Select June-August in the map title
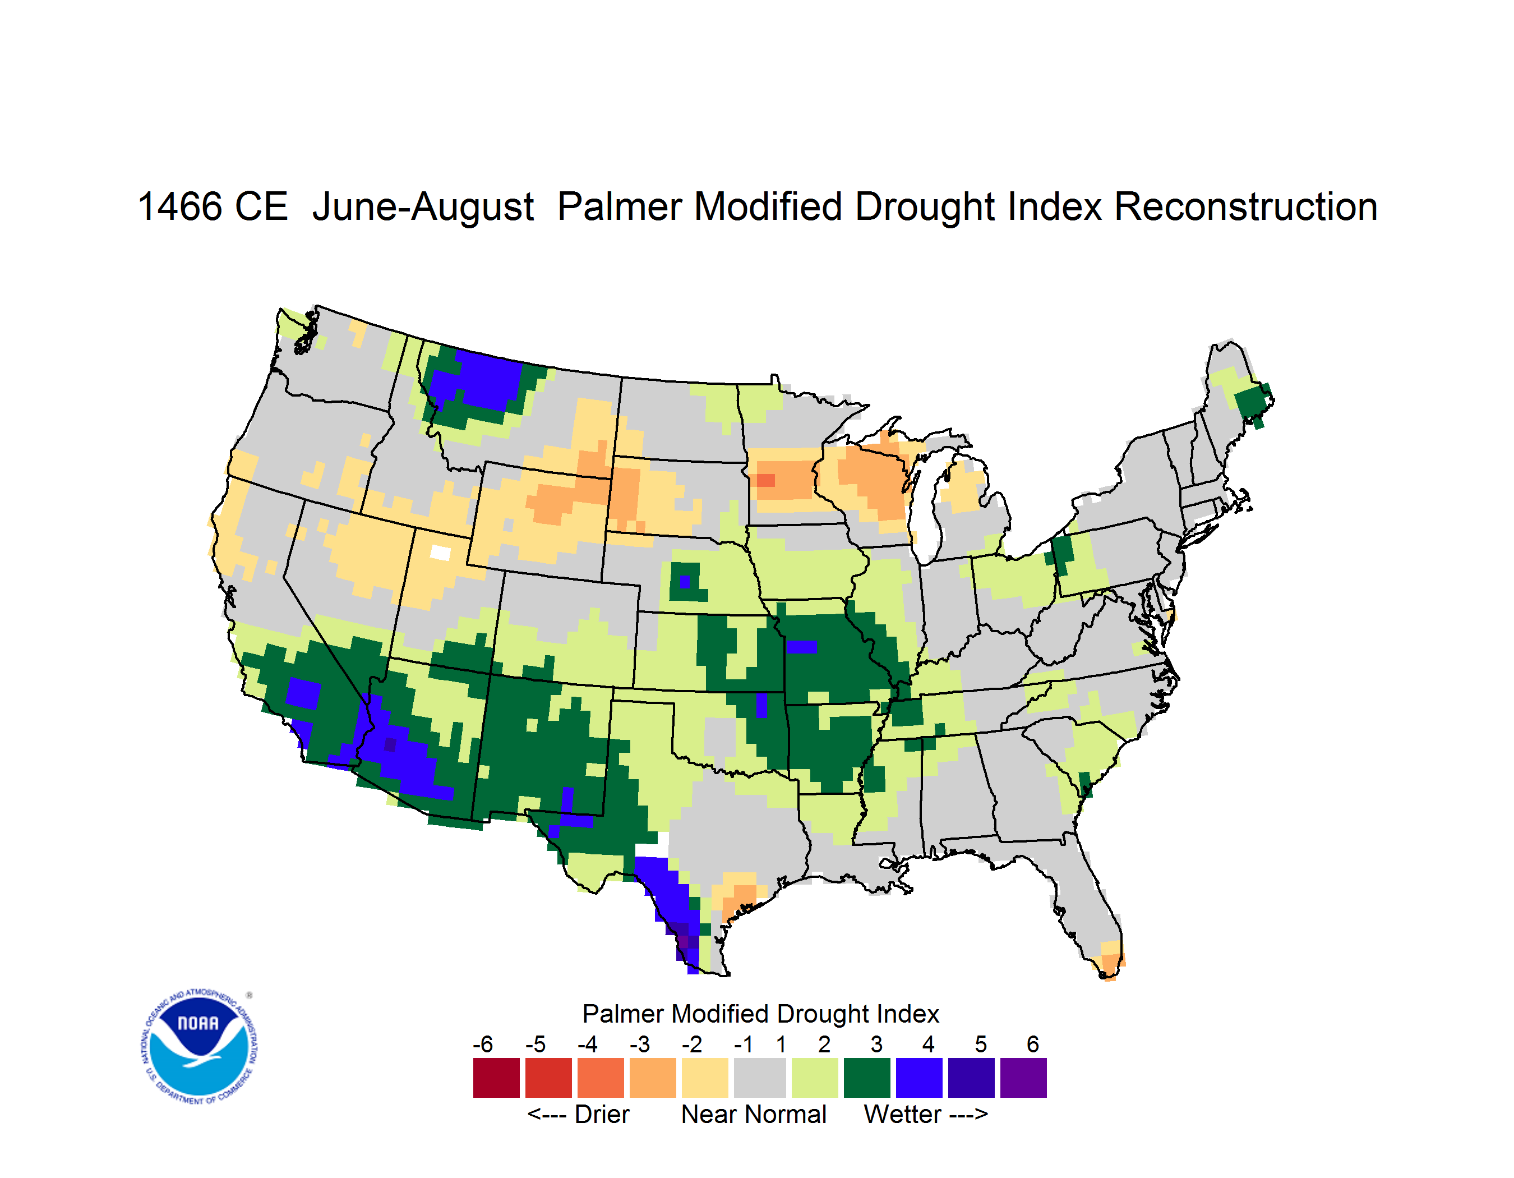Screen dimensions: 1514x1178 click(423, 208)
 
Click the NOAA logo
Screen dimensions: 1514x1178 click(200, 1047)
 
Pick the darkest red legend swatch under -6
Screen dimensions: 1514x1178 click(496, 1078)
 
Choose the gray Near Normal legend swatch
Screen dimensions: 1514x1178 click(760, 1078)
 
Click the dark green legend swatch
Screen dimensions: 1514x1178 click(866, 1078)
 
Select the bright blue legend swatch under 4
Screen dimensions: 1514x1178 click(919, 1078)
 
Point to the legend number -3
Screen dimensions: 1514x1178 click(639, 1044)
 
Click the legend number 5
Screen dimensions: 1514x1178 click(981, 1044)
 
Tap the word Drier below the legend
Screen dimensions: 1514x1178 click(602, 1114)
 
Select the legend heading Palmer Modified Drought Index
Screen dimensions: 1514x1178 click(760, 1014)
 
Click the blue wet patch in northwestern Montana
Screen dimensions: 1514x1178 click(478, 381)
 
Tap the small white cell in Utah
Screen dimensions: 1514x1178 click(440, 553)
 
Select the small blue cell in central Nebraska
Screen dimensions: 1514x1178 click(685, 582)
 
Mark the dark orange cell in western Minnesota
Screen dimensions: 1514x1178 click(765, 480)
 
